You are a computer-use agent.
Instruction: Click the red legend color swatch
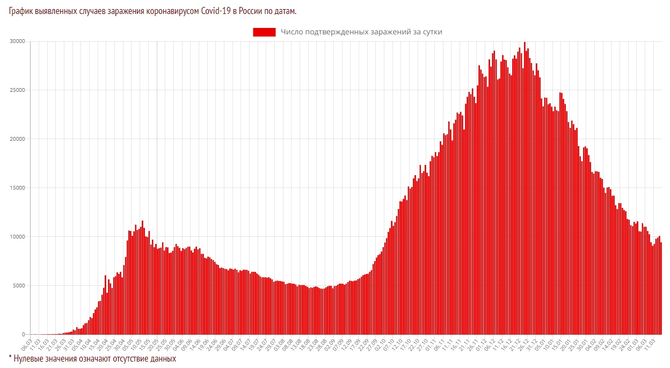point(264,32)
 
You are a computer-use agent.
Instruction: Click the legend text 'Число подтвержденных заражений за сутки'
point(361,32)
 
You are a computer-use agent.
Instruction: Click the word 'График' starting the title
point(21,11)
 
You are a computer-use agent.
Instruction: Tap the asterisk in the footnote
point(10,357)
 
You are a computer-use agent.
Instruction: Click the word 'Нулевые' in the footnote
point(31,358)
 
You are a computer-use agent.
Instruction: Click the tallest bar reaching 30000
point(525,188)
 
